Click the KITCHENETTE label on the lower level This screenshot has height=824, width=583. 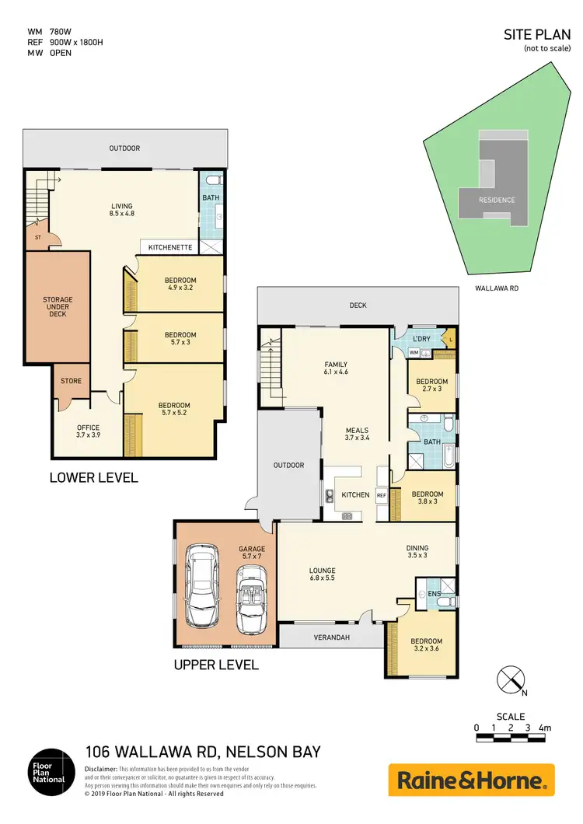169,247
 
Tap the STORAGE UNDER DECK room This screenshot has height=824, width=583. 58,305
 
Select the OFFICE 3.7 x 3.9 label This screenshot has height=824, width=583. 88,431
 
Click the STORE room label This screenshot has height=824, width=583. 72,381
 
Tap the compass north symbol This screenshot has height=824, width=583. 510,679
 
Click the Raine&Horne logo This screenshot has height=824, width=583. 471,780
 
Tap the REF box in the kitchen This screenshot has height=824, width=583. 382,494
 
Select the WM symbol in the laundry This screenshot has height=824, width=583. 414,352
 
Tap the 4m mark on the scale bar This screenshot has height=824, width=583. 546,728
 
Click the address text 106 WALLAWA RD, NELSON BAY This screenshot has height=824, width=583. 202,752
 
